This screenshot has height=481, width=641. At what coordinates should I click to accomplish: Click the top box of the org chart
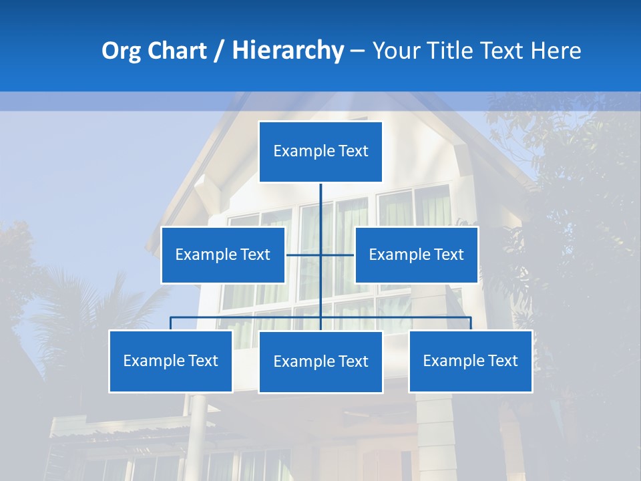pos(320,152)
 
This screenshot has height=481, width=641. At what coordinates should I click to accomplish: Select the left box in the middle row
pos(223,255)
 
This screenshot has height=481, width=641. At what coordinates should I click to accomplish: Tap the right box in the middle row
pos(416,255)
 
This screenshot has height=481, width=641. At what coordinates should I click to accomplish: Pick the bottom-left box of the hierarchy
pos(171,361)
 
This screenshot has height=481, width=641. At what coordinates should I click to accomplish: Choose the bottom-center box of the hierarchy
pos(320,361)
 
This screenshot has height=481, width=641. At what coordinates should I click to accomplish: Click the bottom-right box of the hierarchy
pos(470,361)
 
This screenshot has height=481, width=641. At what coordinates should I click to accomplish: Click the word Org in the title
pos(121,51)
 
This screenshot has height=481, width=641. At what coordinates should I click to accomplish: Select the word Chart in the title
pos(176,51)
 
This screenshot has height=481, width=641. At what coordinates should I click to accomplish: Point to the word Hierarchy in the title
pos(287,51)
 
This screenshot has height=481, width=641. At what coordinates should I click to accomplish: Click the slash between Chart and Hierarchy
pos(219,51)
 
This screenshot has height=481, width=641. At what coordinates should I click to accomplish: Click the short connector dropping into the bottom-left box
pos(171,323)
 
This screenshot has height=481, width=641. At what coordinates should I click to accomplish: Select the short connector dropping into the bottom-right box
pos(470,323)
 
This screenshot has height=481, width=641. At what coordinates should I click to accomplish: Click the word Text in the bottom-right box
pos(502,361)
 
